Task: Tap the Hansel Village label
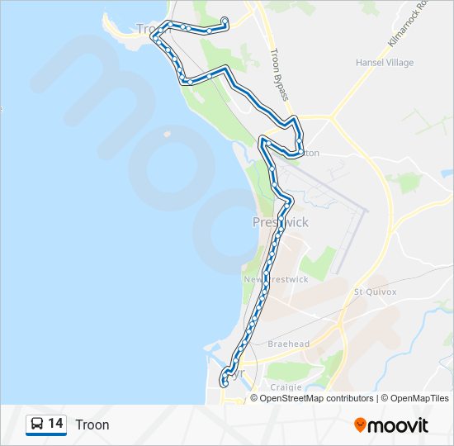point(384,63)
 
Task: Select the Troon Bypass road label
point(278,74)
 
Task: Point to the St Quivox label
point(376,292)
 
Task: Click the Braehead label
point(288,344)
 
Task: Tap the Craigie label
point(286,387)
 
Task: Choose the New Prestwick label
point(276,280)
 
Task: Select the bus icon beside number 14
point(37,425)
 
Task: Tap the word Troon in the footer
point(92,425)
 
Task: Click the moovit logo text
point(399,425)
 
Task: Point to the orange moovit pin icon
point(360,425)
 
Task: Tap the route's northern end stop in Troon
point(225,20)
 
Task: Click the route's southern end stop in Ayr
point(224,381)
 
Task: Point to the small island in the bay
point(168,132)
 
